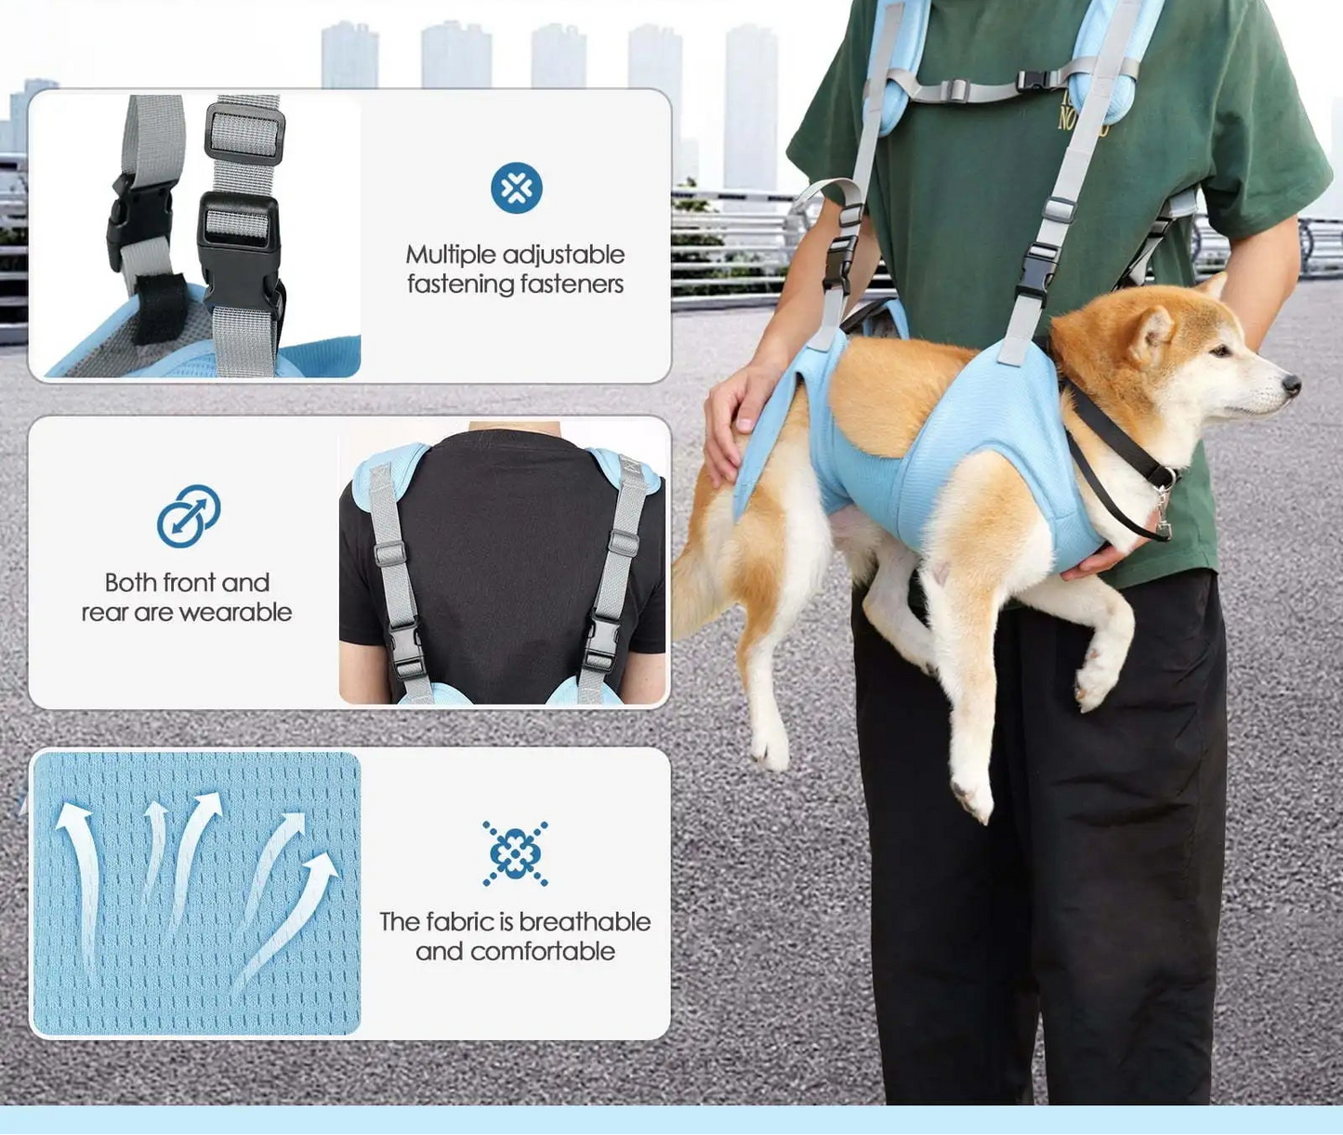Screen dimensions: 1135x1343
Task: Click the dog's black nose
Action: coord(1290,383)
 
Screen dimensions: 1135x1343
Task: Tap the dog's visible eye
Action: coord(1219,350)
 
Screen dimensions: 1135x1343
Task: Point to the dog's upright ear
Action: coord(1152,333)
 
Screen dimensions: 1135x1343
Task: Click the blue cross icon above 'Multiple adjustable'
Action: coord(516,188)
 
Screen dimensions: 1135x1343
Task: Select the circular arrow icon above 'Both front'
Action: coord(188,515)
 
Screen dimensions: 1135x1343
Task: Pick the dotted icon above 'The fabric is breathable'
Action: coord(515,852)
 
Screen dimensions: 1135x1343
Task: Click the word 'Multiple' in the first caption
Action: coord(451,255)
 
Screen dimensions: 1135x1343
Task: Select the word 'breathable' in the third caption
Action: coord(585,921)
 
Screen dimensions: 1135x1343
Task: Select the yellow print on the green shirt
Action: coord(1081,116)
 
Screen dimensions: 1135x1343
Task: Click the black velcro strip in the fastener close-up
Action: coord(158,311)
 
